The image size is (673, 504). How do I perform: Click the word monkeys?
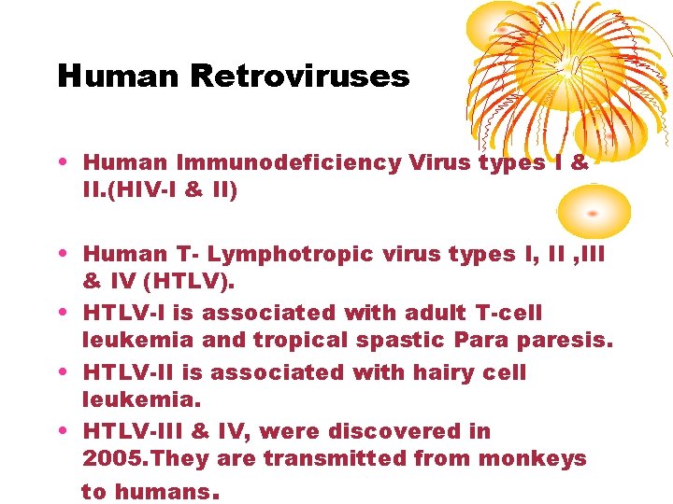pos(544,458)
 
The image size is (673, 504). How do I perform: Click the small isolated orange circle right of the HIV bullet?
pos(593,211)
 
